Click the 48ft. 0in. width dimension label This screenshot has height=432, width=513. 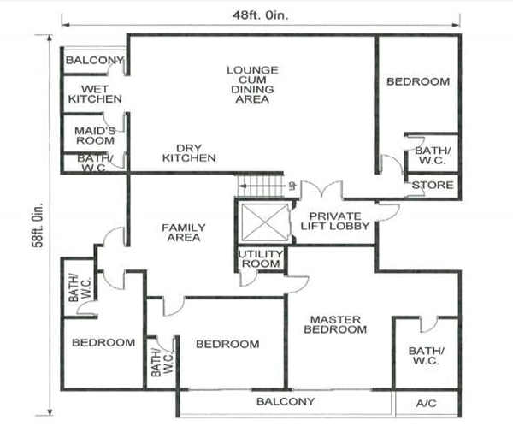tap(261, 15)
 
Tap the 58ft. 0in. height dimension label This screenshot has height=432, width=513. tap(38, 225)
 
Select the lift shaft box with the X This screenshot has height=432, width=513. tap(264, 222)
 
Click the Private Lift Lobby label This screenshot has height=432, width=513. tap(334, 221)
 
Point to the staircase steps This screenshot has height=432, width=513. tap(259, 186)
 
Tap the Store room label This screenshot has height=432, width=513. tap(433, 186)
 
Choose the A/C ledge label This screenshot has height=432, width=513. tap(427, 403)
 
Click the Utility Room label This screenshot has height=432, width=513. tap(261, 258)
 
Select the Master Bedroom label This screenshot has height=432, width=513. tap(335, 324)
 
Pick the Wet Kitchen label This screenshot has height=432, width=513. tap(95, 94)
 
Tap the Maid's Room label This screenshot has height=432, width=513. tap(95, 135)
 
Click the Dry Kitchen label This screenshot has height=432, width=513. tap(189, 153)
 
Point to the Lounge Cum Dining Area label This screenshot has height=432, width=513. tap(252, 85)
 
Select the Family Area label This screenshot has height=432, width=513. tap(184, 233)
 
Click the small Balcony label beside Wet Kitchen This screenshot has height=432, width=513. tap(95, 60)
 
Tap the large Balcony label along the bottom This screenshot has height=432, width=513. tap(286, 401)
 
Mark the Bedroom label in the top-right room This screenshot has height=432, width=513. tap(418, 81)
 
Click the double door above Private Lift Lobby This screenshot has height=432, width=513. tap(322, 190)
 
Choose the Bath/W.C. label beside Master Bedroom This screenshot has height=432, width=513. tap(427, 356)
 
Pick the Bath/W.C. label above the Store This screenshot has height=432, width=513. tap(433, 156)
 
